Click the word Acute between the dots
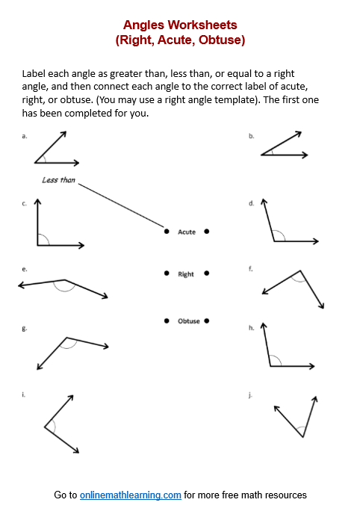point(187,232)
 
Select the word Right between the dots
point(186,274)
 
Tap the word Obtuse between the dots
point(189,321)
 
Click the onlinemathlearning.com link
point(131,495)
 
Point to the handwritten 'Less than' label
point(58,180)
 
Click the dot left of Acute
point(167,232)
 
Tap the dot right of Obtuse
point(206,321)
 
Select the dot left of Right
point(167,273)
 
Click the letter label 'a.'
point(25,136)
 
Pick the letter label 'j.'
point(251,394)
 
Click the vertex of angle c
point(37,245)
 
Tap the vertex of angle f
point(300,271)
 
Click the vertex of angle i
point(45,427)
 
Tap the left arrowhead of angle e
point(20,285)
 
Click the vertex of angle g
point(66,336)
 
